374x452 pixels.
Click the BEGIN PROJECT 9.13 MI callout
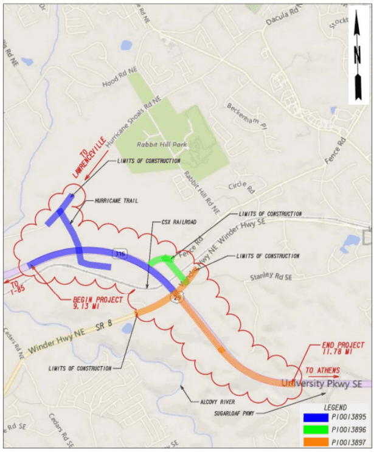point(98,304)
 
